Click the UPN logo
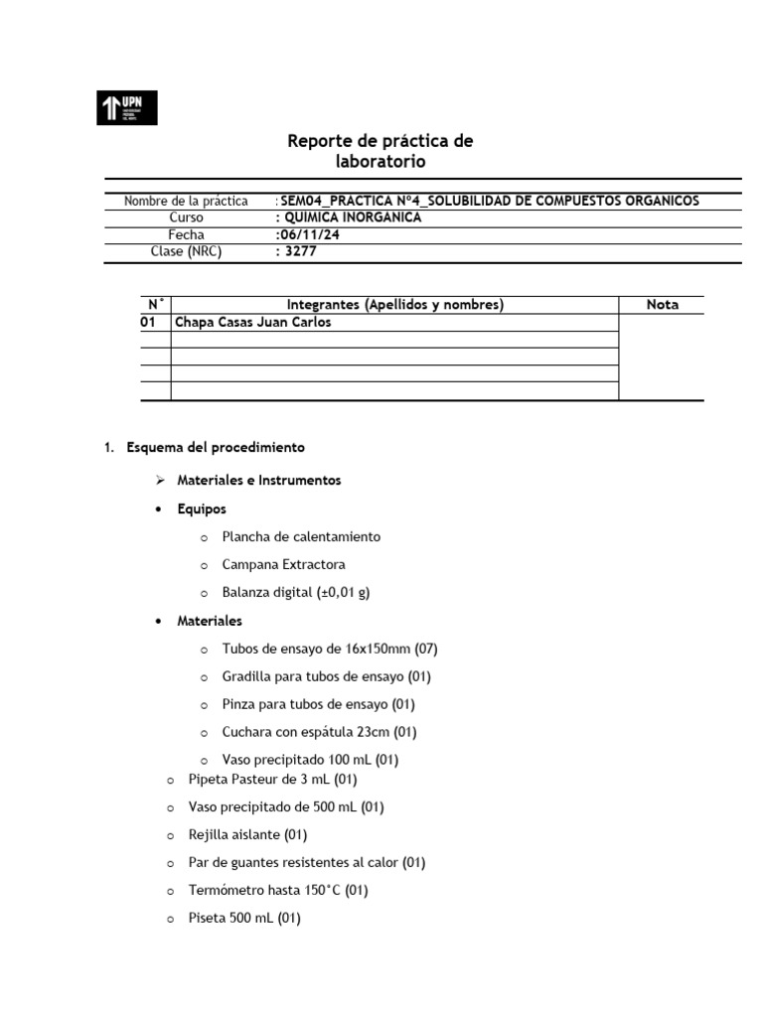pyautogui.click(x=126, y=107)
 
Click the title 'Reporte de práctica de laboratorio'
pyautogui.click(x=381, y=151)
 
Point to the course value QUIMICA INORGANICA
pyautogui.click(x=350, y=218)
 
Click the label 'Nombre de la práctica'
pyautogui.click(x=186, y=201)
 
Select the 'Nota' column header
pyautogui.click(x=662, y=305)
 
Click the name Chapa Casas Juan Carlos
pyautogui.click(x=252, y=323)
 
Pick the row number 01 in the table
pyautogui.click(x=149, y=323)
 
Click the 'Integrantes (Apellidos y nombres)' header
pyautogui.click(x=394, y=305)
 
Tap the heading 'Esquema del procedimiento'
pyautogui.click(x=216, y=448)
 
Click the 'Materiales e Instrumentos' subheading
pyautogui.click(x=258, y=480)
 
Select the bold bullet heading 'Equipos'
pyautogui.click(x=202, y=508)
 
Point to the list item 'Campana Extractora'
pyautogui.click(x=283, y=564)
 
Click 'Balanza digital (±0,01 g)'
pyautogui.click(x=296, y=592)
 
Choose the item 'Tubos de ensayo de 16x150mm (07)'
pyautogui.click(x=330, y=649)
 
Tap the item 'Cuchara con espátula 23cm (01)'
pyautogui.click(x=319, y=732)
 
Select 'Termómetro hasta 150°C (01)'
pyautogui.click(x=277, y=891)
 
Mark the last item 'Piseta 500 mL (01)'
pyautogui.click(x=243, y=919)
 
